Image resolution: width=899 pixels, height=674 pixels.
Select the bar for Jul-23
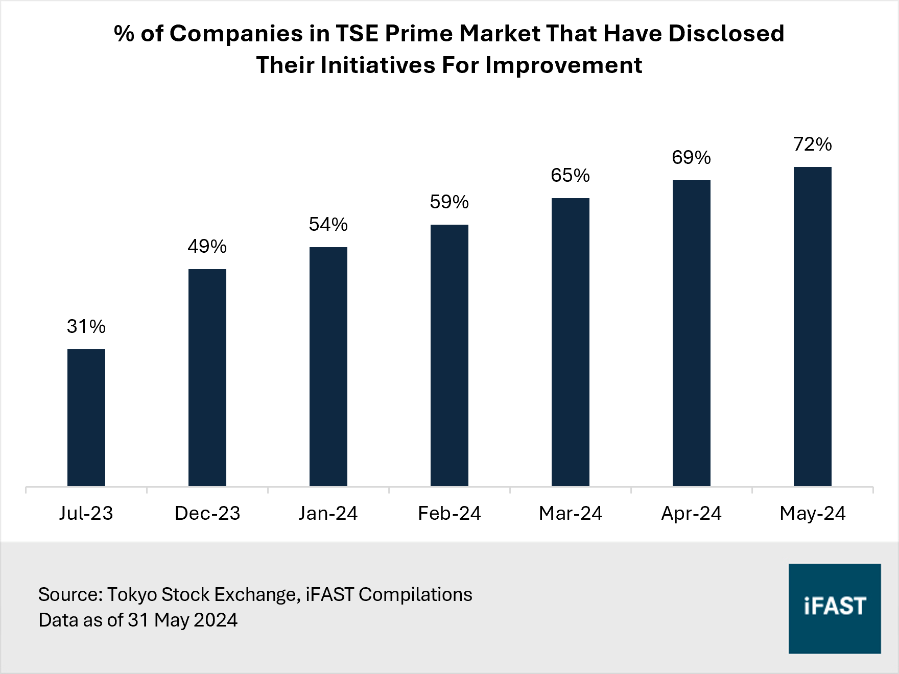point(86,418)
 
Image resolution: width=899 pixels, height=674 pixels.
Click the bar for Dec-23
point(207,377)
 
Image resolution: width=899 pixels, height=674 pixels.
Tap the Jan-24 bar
point(328,366)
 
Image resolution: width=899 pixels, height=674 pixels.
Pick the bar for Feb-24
point(449,355)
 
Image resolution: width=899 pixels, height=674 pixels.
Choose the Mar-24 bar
point(570,342)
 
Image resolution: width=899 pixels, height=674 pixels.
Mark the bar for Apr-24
point(691,333)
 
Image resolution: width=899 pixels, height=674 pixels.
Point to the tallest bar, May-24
point(812,326)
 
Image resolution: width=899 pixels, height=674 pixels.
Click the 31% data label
point(86,326)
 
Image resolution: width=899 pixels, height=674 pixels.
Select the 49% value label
point(207,247)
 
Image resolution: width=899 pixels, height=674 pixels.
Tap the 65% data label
point(570,176)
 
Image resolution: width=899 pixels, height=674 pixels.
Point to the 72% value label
point(812,145)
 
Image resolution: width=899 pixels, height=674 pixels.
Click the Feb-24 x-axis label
point(449,513)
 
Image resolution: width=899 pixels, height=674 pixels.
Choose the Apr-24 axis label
point(691,513)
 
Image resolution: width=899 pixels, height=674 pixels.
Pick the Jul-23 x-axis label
point(86,513)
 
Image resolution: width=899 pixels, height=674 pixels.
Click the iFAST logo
point(834,608)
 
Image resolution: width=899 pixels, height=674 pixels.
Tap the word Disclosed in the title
point(726,34)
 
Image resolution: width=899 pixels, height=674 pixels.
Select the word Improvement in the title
point(563,65)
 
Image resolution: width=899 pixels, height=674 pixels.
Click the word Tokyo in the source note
point(133,594)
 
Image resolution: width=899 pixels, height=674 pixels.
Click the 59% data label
point(449,202)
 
